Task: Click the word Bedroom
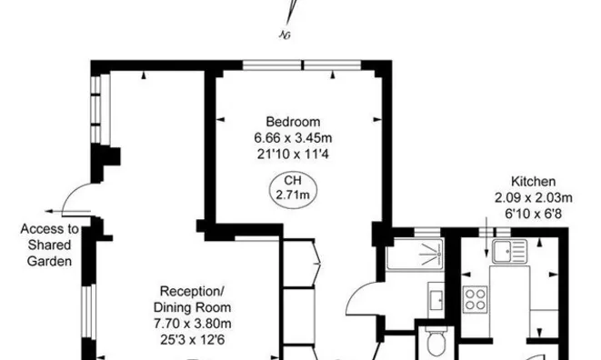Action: pyautogui.click(x=293, y=122)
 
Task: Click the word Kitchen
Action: pyautogui.click(x=533, y=181)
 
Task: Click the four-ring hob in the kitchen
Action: pyautogui.click(x=476, y=298)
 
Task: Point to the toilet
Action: pyautogui.click(x=436, y=342)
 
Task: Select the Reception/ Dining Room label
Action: pyautogui.click(x=192, y=299)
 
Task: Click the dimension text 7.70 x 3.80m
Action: pyautogui.click(x=192, y=324)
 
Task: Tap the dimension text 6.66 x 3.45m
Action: pyautogui.click(x=293, y=138)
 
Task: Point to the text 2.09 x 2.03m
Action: pyautogui.click(x=533, y=197)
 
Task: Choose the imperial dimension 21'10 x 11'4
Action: pyautogui.click(x=293, y=154)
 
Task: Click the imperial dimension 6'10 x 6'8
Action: pyautogui.click(x=533, y=213)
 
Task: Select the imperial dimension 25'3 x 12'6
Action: pyautogui.click(x=192, y=339)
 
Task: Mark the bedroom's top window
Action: pyautogui.click(x=303, y=65)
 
